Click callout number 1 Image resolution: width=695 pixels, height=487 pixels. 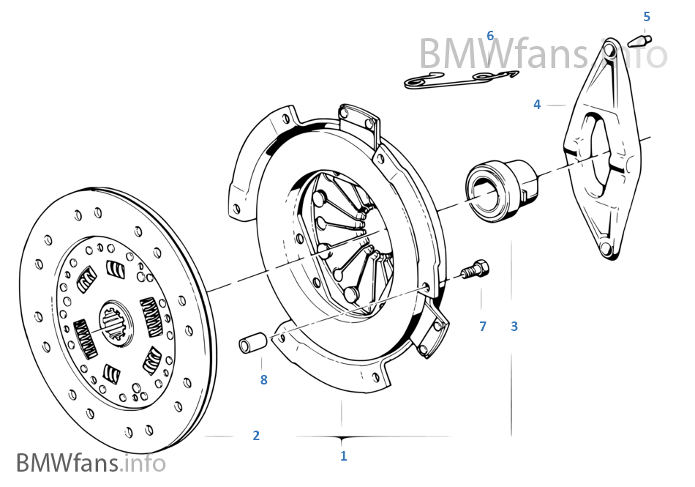(x=344, y=456)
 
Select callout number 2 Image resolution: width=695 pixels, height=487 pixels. (x=256, y=436)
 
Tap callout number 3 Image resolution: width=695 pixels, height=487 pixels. (x=514, y=327)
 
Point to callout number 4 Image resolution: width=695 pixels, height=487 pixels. (x=537, y=105)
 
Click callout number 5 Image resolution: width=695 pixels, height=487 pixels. (x=647, y=17)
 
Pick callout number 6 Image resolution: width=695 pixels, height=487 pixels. (x=490, y=35)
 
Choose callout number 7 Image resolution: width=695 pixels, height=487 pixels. (x=483, y=327)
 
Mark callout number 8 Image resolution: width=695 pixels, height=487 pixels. (x=263, y=379)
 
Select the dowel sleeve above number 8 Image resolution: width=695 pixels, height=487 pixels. (x=252, y=343)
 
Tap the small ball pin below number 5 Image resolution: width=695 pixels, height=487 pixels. (x=642, y=41)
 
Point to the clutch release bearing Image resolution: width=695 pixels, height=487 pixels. (x=501, y=190)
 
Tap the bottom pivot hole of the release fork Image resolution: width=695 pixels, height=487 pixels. (x=605, y=249)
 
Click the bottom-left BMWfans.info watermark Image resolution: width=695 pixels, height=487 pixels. (x=91, y=463)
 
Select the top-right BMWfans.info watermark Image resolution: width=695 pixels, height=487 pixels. (x=543, y=53)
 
